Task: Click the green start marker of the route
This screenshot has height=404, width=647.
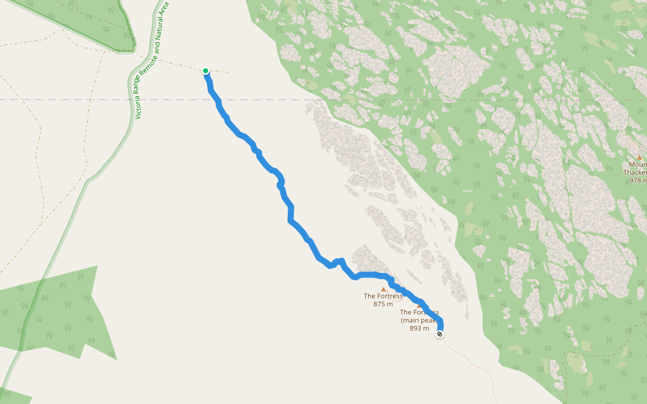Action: pyautogui.click(x=206, y=71)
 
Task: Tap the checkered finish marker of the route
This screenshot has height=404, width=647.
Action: pyautogui.click(x=439, y=334)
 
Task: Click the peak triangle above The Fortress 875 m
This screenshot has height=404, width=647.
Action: pyautogui.click(x=383, y=290)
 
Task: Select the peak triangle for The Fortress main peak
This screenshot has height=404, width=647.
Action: pyautogui.click(x=419, y=306)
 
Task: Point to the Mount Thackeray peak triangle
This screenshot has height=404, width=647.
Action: pyautogui.click(x=639, y=158)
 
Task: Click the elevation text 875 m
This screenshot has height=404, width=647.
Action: pyautogui.click(x=383, y=304)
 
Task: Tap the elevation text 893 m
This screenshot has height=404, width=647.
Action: pyautogui.click(x=419, y=329)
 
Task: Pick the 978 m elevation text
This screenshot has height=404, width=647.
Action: pyautogui.click(x=637, y=180)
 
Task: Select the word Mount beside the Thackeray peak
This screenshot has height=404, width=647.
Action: pyautogui.click(x=638, y=164)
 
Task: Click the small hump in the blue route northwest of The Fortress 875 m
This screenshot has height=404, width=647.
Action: pyautogui.click(x=338, y=261)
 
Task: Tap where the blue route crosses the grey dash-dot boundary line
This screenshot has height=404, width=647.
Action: pyautogui.click(x=216, y=99)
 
